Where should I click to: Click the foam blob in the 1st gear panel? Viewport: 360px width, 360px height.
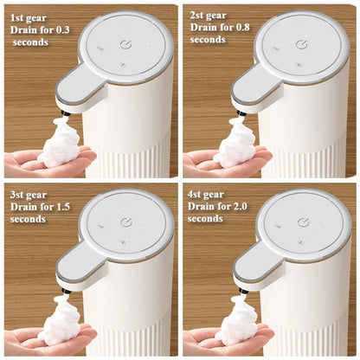[x=60, y=144]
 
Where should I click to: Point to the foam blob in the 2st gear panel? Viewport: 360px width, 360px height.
[x=236, y=144]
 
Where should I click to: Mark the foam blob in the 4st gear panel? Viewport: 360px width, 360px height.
[x=237, y=321]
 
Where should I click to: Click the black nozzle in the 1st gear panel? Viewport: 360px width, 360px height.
[x=62, y=112]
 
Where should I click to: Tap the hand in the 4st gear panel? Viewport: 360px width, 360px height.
[x=216, y=339]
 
